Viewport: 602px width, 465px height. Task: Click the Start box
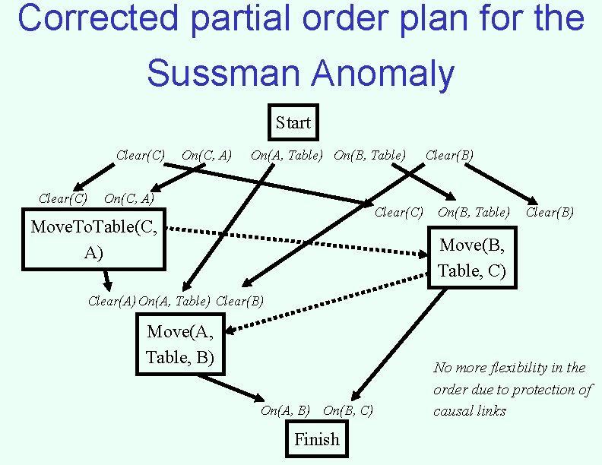coord(293,123)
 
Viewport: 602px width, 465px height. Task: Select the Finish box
coord(317,439)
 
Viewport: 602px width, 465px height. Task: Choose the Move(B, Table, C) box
coord(472,258)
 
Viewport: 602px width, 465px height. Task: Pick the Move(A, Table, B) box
coord(180,345)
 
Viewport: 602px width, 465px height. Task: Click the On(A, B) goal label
coord(285,411)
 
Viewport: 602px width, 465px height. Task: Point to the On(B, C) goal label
coord(348,411)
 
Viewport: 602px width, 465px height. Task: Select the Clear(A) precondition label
coord(112,301)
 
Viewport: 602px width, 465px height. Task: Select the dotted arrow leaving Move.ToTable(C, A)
coord(296,241)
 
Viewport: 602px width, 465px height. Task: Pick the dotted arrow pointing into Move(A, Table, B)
coord(327,308)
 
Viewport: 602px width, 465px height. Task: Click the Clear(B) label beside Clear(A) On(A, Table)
coord(240,301)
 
